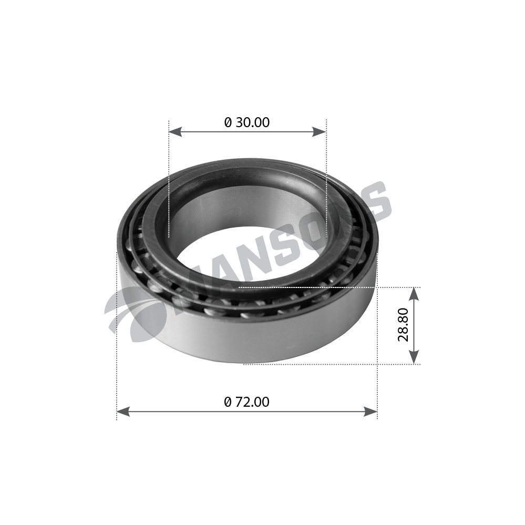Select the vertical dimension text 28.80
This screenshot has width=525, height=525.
pos(403,326)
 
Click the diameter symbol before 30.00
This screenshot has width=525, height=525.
pos(228,122)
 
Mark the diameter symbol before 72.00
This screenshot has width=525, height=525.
pos(228,402)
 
